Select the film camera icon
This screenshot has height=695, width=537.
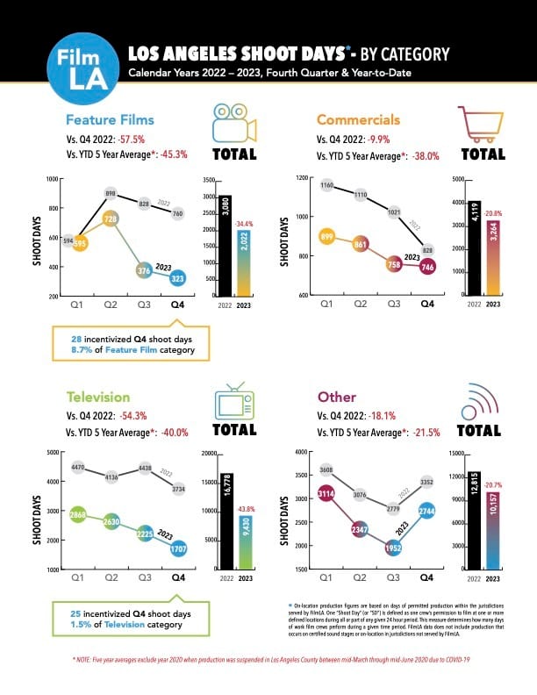pyautogui.click(x=233, y=125)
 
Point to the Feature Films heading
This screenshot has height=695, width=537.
pyautogui.click(x=110, y=119)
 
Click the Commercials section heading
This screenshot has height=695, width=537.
pyautogui.click(x=358, y=119)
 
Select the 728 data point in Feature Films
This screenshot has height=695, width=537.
pyautogui.click(x=111, y=218)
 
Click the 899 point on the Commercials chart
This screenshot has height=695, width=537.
pyautogui.click(x=326, y=236)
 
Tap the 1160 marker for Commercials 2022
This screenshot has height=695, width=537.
pyautogui.click(x=326, y=185)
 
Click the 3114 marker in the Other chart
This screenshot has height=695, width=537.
pyautogui.click(x=326, y=495)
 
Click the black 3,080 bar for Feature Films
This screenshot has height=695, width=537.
pyautogui.click(x=226, y=246)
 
